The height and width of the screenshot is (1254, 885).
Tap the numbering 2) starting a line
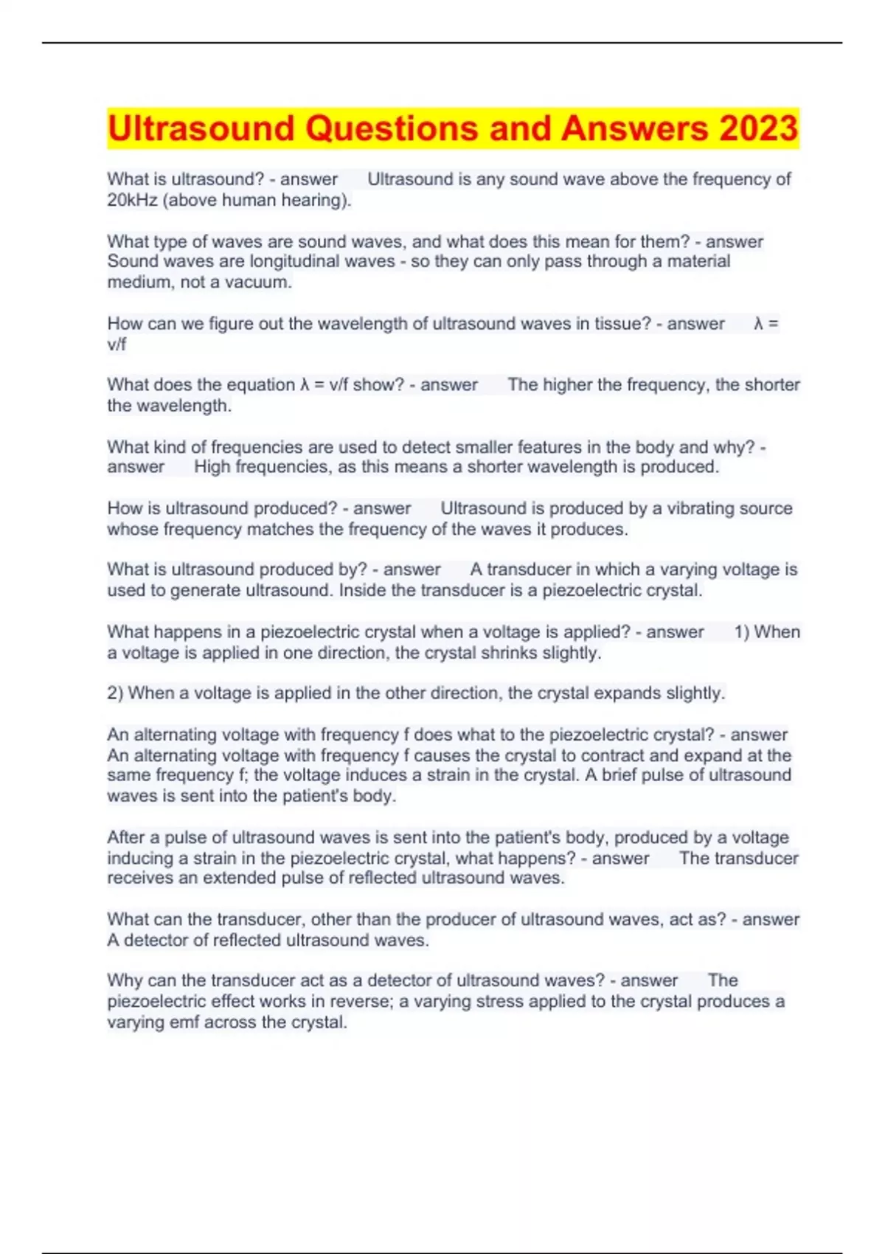tap(115, 693)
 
